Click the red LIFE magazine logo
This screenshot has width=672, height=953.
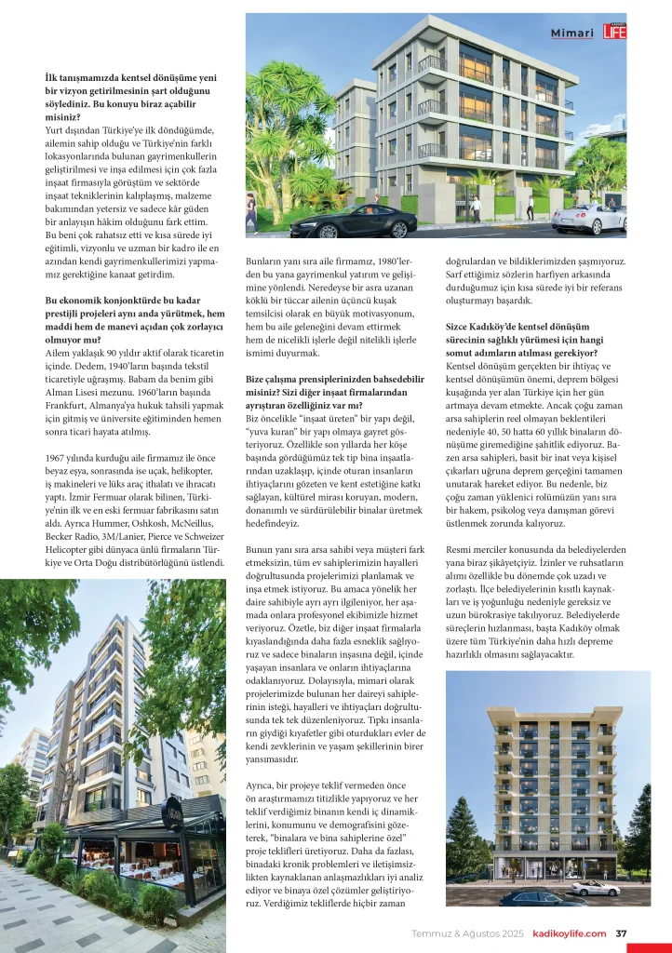coord(614,33)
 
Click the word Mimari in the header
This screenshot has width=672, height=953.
coord(572,34)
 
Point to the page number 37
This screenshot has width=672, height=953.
coord(622,933)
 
